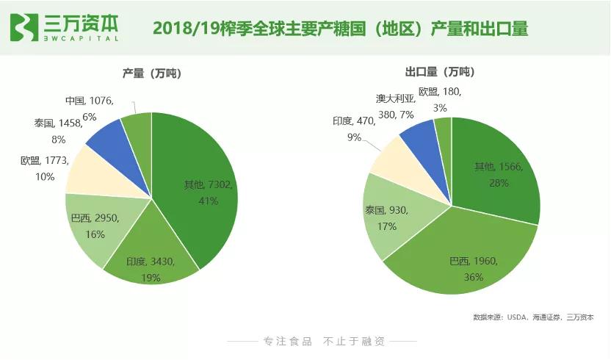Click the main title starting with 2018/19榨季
pyautogui.click(x=340, y=29)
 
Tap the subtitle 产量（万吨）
pyautogui.click(x=151, y=73)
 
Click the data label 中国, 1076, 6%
pyautogui.click(x=90, y=108)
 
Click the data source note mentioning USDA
pyautogui.click(x=533, y=317)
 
